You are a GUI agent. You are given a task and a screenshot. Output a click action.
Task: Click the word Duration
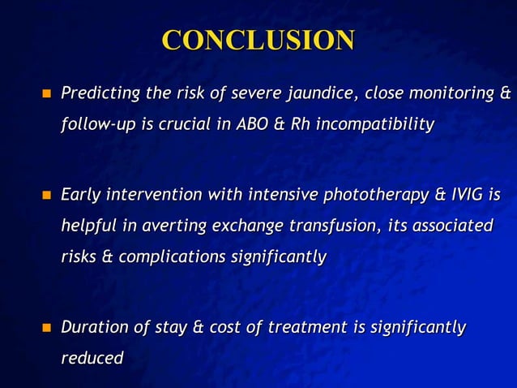(95, 327)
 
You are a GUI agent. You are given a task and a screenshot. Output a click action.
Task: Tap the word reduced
(92, 357)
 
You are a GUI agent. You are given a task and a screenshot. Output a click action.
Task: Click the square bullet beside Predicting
(45, 95)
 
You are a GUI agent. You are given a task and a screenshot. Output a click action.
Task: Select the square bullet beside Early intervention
(45, 196)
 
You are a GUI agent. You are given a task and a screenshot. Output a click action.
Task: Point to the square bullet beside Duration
(45, 328)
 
